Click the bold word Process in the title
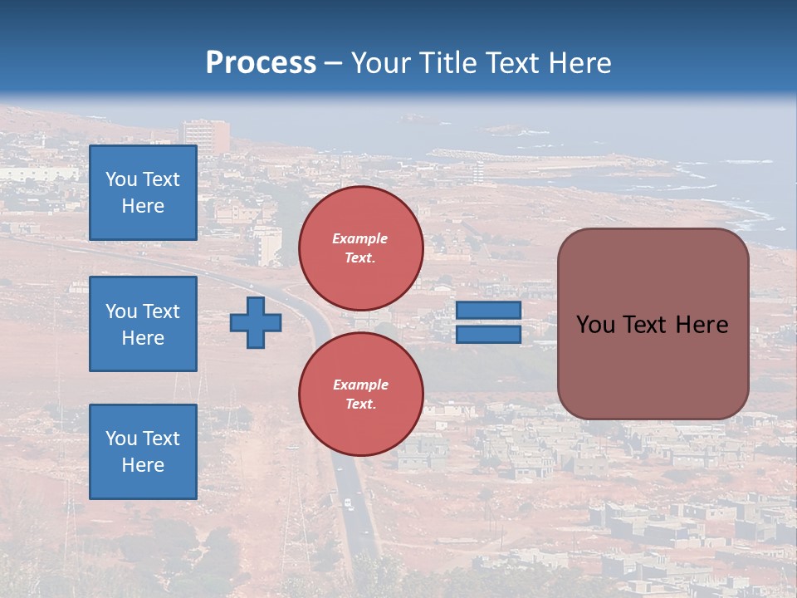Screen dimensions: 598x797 coord(261,63)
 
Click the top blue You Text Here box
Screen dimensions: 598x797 coord(143,193)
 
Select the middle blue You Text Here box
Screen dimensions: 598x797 coord(143,324)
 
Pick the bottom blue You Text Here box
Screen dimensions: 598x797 coord(143,452)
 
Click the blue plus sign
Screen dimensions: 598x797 coord(255,322)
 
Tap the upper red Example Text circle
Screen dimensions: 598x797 coord(361,248)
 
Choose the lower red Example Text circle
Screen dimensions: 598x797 coord(361,395)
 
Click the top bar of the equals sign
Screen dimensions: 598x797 coord(488,310)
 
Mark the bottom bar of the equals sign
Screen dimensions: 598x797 coord(488,334)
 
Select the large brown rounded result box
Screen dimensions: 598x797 coord(653,324)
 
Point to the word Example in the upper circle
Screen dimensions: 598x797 coord(360,238)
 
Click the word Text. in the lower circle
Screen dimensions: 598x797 coord(360,404)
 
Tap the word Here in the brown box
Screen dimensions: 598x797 coord(702,325)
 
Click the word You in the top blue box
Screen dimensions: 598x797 coord(121,179)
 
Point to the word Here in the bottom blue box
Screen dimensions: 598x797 coord(143,465)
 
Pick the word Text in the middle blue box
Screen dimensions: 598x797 coord(161,311)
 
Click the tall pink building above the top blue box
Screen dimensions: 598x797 coord(205,135)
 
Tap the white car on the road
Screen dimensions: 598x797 coord(349,503)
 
